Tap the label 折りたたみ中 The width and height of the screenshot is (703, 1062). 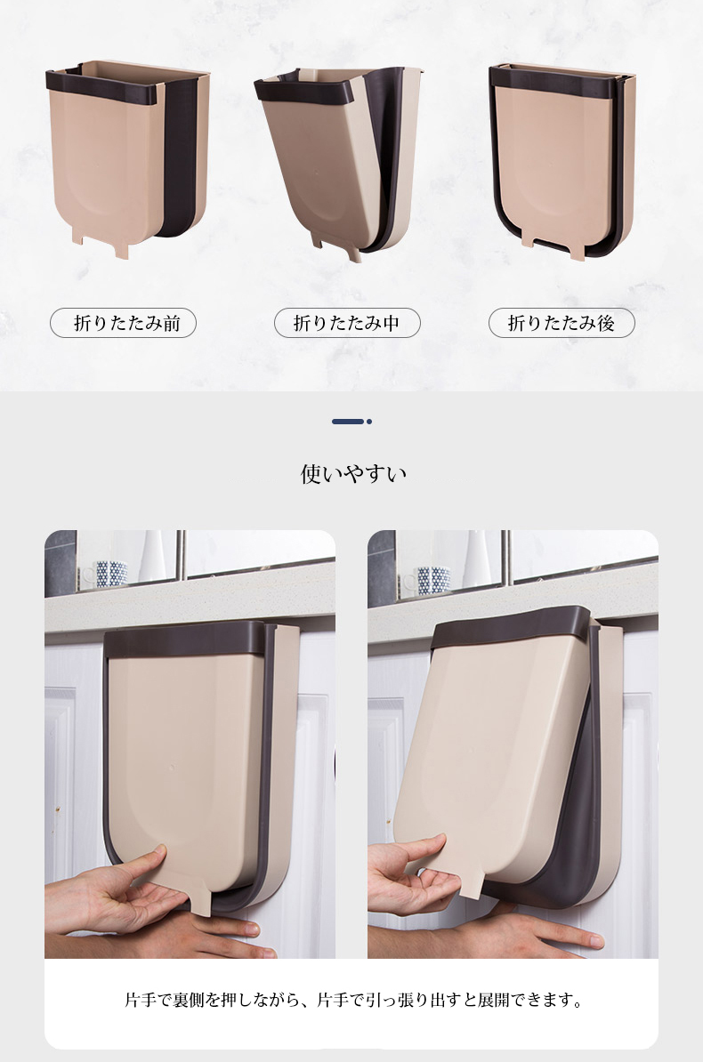347,323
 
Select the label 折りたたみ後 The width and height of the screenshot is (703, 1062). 562,323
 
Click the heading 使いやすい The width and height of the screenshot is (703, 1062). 353,473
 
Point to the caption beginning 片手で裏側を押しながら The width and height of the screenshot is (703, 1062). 353,1000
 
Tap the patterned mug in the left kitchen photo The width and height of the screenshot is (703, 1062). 110,573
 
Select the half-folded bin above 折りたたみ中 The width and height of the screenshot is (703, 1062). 339,163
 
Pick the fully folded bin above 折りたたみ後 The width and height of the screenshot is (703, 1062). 562,161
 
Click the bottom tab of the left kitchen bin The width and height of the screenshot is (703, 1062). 201,902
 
